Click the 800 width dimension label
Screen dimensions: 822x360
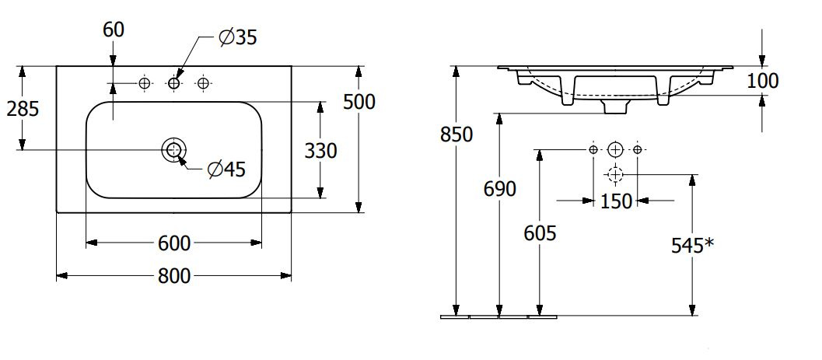tap(174, 275)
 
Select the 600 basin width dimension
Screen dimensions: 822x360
tap(174, 243)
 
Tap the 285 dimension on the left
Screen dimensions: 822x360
tap(23, 109)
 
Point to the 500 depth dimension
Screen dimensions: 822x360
tap(359, 102)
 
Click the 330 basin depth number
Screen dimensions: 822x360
tap(321, 152)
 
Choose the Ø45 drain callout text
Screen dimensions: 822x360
tap(226, 170)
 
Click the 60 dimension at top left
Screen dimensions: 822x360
tap(114, 30)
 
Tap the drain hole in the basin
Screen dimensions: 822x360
tap(173, 150)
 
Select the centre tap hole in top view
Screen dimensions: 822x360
tap(173, 82)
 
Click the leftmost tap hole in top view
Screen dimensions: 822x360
tap(145, 82)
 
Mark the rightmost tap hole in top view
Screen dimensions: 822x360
tap(203, 82)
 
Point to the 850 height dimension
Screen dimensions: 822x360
tap(456, 135)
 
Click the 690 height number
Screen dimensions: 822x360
tap(500, 189)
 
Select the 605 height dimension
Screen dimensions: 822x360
tap(540, 233)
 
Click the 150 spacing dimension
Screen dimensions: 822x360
tap(616, 201)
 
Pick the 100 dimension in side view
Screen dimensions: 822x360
tap(762, 81)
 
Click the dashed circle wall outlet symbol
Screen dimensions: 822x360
tap(615, 173)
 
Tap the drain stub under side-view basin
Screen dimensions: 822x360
tap(615, 107)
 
